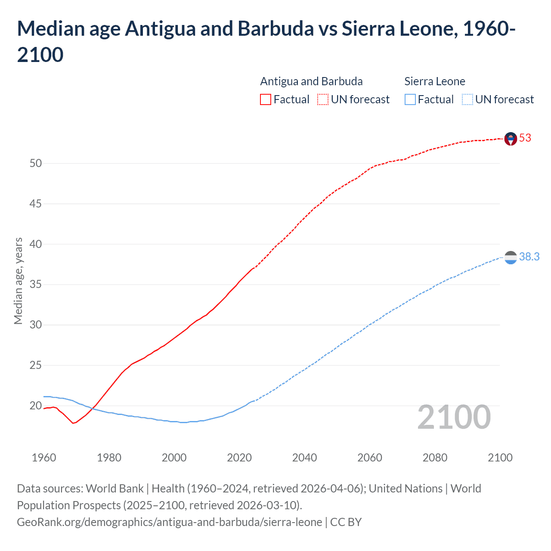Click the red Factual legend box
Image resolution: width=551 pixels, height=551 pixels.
click(266, 99)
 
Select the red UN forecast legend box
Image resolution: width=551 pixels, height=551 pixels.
click(323, 99)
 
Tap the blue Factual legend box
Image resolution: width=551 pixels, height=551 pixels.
click(410, 99)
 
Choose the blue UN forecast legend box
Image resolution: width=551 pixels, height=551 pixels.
click(467, 99)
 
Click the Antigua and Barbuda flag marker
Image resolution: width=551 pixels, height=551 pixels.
click(511, 139)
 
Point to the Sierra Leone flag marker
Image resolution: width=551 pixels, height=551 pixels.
click(511, 257)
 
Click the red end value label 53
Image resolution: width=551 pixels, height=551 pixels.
click(525, 138)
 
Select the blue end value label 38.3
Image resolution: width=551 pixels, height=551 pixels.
click(529, 257)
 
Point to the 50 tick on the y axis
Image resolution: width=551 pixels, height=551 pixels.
click(36, 163)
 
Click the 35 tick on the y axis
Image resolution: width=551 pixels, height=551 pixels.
click(36, 285)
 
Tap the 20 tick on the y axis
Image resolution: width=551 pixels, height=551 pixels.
click(36, 406)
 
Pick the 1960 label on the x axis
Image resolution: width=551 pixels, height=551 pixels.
click(44, 458)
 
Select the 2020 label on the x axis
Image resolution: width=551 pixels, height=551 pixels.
click(239, 458)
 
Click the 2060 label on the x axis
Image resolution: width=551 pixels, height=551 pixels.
click(370, 458)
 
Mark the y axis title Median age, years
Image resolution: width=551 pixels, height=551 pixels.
click(18, 281)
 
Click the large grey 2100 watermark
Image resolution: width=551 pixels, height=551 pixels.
click(454, 417)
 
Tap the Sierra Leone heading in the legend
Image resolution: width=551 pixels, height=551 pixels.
click(435, 81)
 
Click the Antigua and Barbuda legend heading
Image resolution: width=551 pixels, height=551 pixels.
click(311, 81)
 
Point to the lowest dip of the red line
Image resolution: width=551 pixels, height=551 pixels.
click(74, 423)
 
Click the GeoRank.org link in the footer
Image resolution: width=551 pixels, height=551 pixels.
click(169, 522)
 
